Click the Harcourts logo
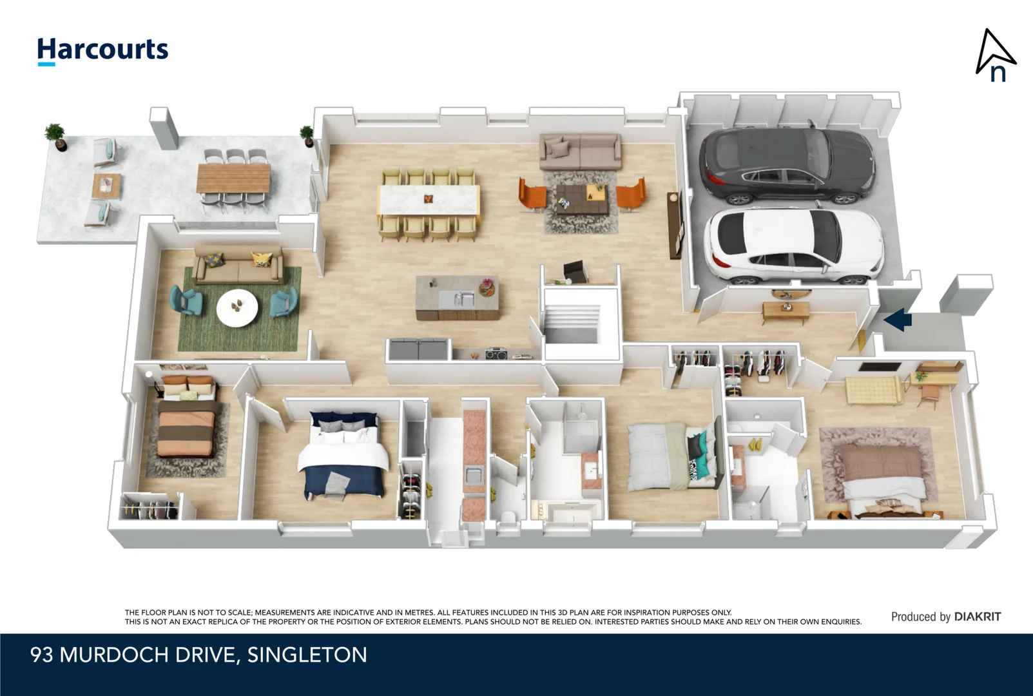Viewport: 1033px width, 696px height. pos(102,51)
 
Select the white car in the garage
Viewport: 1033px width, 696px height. pos(794,247)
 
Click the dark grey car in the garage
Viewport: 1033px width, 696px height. pos(787,166)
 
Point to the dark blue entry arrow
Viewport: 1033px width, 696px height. pos(898,320)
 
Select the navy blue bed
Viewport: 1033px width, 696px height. pos(342,454)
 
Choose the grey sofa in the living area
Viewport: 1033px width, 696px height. pos(580,152)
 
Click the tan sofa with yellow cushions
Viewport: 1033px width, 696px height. pos(238,265)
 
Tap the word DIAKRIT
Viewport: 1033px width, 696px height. pos(978,617)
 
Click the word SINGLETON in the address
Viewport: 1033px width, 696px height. pos(307,655)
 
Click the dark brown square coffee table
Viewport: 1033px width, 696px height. pos(581,199)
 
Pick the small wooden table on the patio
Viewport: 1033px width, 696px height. pos(106,186)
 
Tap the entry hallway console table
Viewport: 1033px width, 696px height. pos(786,311)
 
